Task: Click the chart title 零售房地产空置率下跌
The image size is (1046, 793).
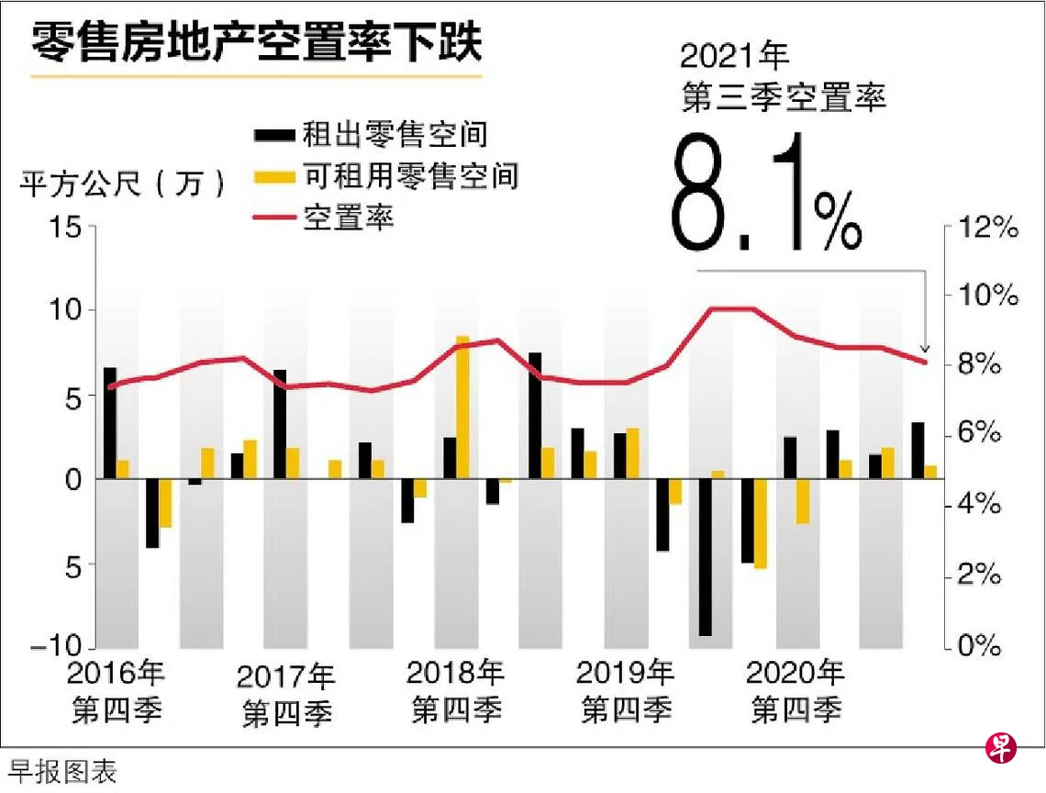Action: click(256, 41)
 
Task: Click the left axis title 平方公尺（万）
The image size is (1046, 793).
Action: click(123, 184)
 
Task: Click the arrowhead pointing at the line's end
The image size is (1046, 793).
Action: click(925, 349)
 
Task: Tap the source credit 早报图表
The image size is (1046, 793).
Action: click(63, 772)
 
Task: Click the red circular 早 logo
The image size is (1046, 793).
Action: click(1000, 748)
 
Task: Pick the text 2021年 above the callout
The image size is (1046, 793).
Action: click(735, 56)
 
